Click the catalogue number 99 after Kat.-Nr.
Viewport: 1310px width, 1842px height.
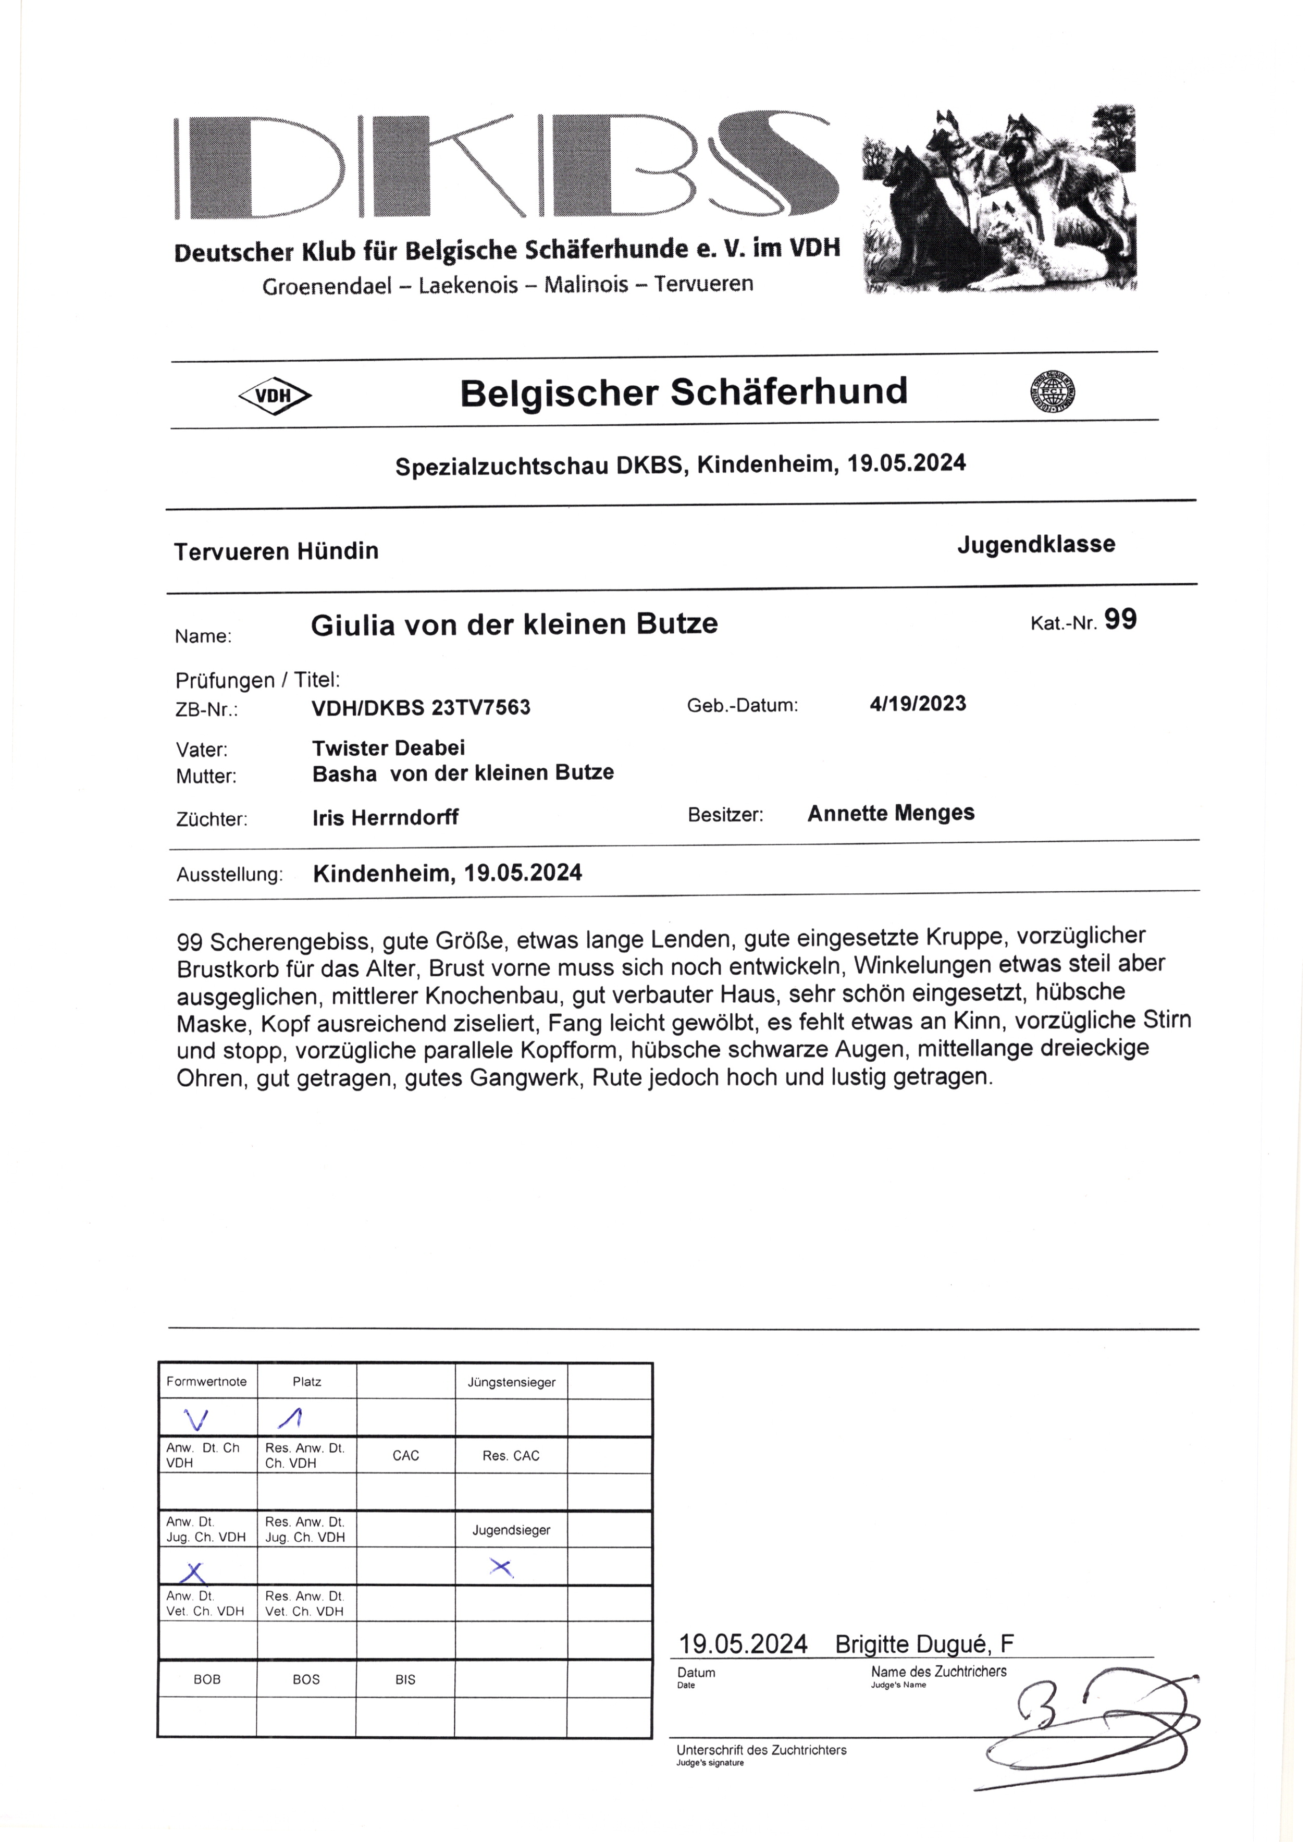tap(1120, 620)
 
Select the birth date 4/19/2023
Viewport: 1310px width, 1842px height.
tap(918, 704)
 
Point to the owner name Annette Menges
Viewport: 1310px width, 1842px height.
tap(891, 813)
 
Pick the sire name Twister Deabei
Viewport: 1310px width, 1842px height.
tap(388, 748)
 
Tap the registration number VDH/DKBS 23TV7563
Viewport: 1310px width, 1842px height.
tap(421, 708)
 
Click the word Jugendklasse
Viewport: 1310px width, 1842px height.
tap(1036, 545)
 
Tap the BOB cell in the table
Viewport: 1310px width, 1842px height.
tap(207, 1679)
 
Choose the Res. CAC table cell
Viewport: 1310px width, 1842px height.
tap(511, 1456)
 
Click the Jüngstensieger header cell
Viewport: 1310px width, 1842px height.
tap(511, 1382)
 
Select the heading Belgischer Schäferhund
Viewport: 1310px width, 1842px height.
tap(683, 392)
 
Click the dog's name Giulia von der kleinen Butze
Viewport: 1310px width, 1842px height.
tap(514, 624)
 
